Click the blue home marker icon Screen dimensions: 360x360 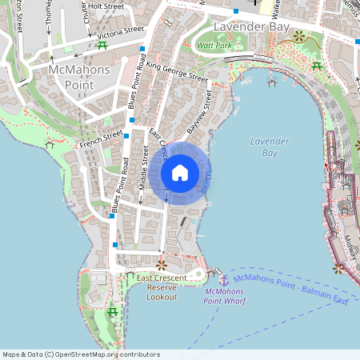click(179, 173)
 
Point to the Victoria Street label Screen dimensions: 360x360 click(120, 32)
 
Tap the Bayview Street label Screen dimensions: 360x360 click(199, 112)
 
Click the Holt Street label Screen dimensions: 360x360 click(106, 6)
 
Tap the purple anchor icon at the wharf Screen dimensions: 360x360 click(224, 279)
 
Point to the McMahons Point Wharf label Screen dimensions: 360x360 click(224, 296)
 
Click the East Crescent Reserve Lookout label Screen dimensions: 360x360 click(161, 287)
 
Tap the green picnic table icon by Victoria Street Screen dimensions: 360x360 click(102, 45)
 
